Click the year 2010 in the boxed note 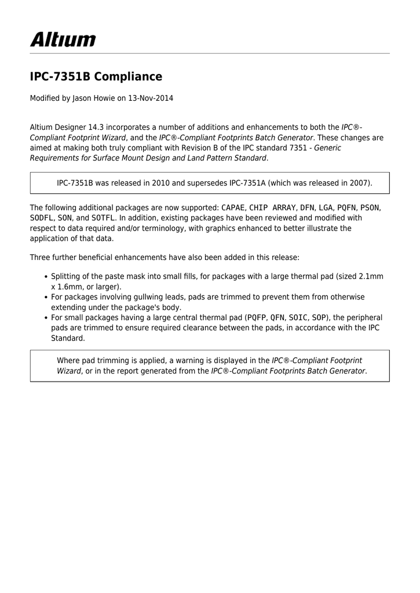tap(161, 183)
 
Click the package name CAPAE tap(233, 207)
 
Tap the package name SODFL tap(41, 218)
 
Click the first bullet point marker tap(46, 277)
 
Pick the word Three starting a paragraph tap(40, 257)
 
